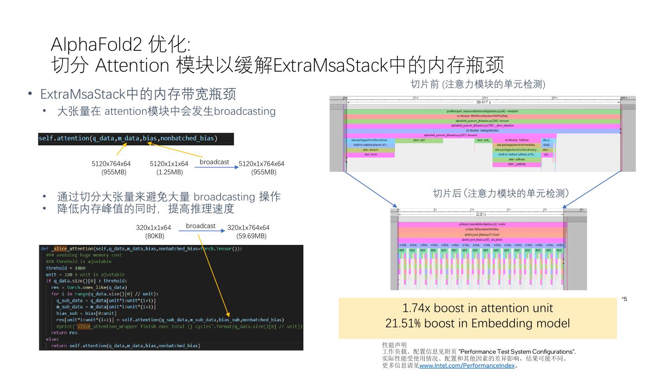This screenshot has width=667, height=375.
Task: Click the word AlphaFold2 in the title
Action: click(x=95, y=45)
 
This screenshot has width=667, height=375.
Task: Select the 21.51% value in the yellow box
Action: click(x=403, y=323)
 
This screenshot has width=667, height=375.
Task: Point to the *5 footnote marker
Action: click(x=624, y=300)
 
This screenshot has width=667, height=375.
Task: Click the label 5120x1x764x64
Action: click(x=261, y=164)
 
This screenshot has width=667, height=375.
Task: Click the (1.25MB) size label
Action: click(x=170, y=172)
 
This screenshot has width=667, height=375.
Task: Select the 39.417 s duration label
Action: click(x=484, y=102)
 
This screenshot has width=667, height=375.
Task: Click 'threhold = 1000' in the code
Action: click(x=65, y=268)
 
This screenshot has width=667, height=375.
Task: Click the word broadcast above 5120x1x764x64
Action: click(x=214, y=162)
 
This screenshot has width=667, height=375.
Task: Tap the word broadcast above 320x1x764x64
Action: click(x=201, y=226)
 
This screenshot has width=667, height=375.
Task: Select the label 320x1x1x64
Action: click(x=153, y=228)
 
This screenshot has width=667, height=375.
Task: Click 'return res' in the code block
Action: click(x=64, y=332)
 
